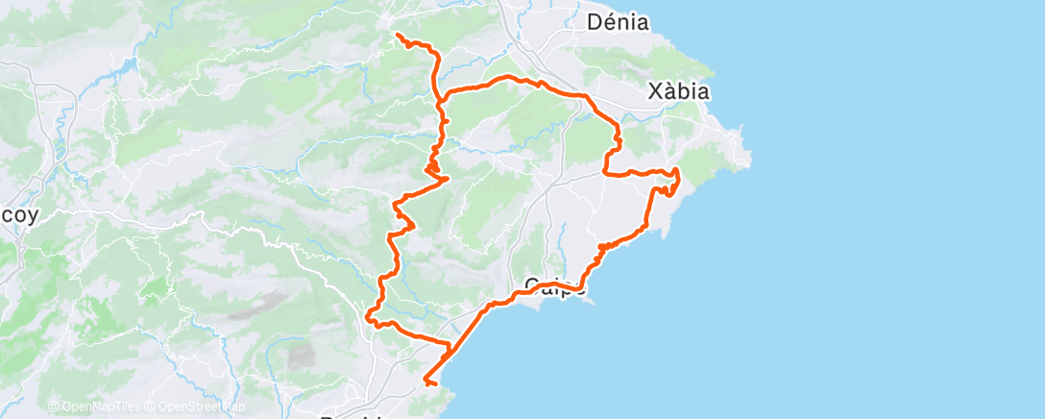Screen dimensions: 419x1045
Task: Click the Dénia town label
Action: (x=618, y=22)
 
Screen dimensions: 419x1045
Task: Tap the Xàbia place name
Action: (x=678, y=92)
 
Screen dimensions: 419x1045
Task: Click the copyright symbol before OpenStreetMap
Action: (x=151, y=407)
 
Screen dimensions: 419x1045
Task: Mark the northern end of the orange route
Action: (x=397, y=35)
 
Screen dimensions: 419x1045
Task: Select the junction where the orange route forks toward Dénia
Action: (x=441, y=96)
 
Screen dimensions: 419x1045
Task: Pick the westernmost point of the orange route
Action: (x=368, y=313)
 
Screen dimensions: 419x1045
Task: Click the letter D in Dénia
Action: (x=594, y=22)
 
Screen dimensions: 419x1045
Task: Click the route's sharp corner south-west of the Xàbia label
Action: (x=605, y=172)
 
